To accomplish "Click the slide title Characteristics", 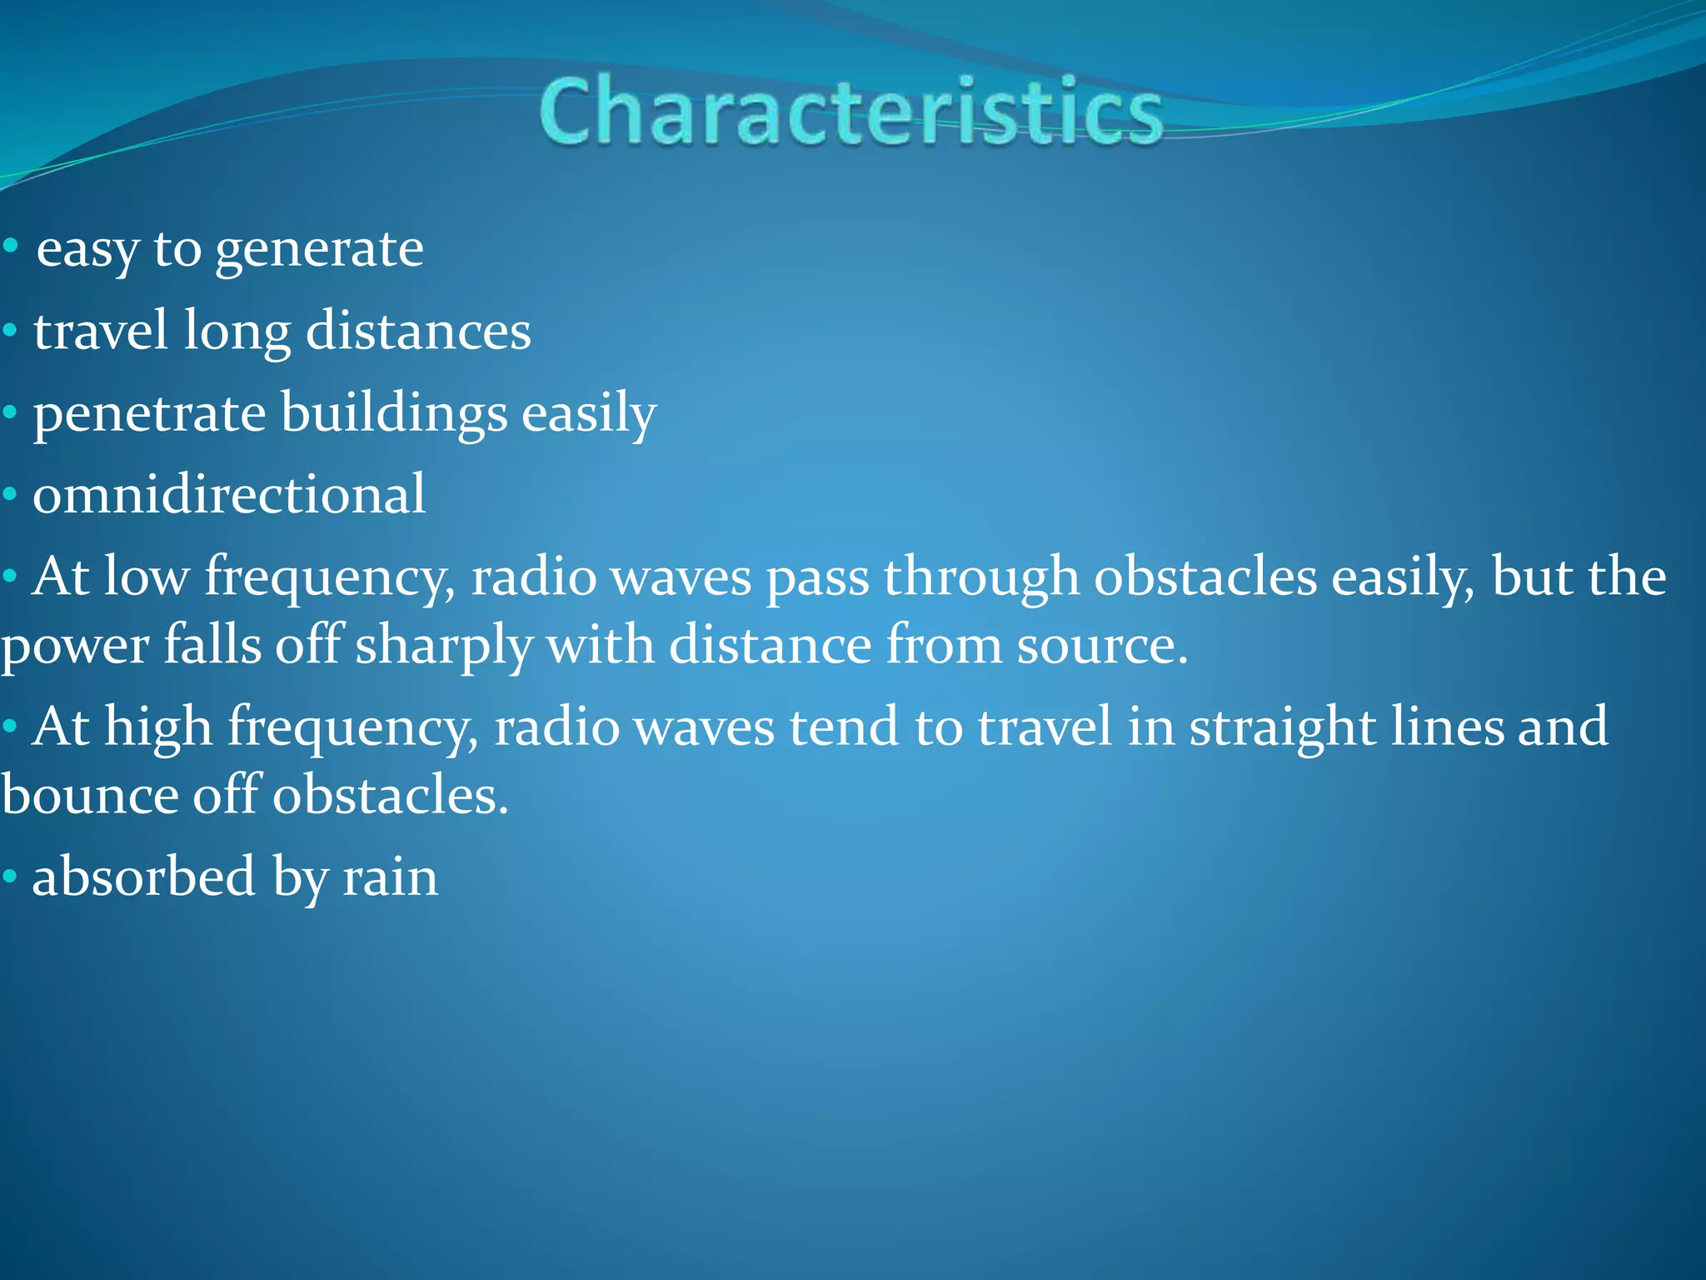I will [850, 112].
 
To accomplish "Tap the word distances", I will [418, 332].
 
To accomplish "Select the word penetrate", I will [149, 414].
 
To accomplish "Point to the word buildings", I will [394, 414].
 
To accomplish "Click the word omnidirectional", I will [229, 495].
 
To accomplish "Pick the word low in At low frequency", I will [147, 577].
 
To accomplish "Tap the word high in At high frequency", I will [158, 727].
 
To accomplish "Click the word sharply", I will [443, 647].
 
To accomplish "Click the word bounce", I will [90, 795].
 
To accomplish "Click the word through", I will [981, 577].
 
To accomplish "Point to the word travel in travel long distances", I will [101, 332].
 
